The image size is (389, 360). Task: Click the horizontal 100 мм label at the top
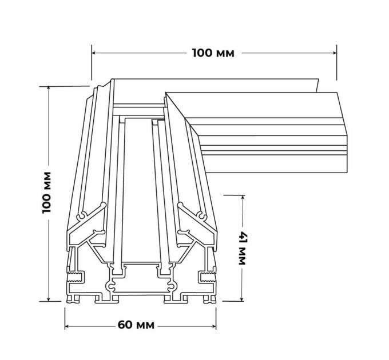pyautogui.click(x=213, y=53)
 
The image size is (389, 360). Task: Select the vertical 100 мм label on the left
pyautogui.click(x=47, y=192)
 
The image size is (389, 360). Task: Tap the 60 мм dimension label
pyautogui.click(x=136, y=325)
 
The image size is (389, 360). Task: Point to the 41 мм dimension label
pyautogui.click(x=242, y=249)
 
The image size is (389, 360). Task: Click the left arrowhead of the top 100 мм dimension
pyautogui.click(x=94, y=53)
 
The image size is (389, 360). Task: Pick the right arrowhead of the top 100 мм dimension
pyautogui.click(x=335, y=53)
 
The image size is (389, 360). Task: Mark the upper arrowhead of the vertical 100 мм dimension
pyautogui.click(x=49, y=89)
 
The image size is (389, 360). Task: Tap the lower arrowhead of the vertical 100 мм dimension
pyautogui.click(x=49, y=299)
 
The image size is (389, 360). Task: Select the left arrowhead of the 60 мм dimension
pyautogui.click(x=67, y=326)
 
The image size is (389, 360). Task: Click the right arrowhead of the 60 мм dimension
pyautogui.click(x=214, y=326)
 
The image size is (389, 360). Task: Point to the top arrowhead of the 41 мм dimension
pyautogui.click(x=243, y=198)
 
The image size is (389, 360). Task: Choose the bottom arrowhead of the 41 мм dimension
pyautogui.click(x=243, y=299)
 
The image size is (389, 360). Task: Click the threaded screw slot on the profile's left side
pyautogui.click(x=76, y=277)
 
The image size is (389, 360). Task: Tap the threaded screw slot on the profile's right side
pyautogui.click(x=207, y=277)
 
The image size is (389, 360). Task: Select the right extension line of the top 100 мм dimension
pyautogui.click(x=336, y=62)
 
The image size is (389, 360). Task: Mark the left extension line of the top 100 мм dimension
pyautogui.click(x=92, y=62)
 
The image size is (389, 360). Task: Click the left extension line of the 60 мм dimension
pyautogui.click(x=65, y=319)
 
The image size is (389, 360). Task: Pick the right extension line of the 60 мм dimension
pyautogui.click(x=216, y=319)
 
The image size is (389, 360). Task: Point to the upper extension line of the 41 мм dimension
pyautogui.click(x=234, y=195)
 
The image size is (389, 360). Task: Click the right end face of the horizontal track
pyautogui.click(x=342, y=133)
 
